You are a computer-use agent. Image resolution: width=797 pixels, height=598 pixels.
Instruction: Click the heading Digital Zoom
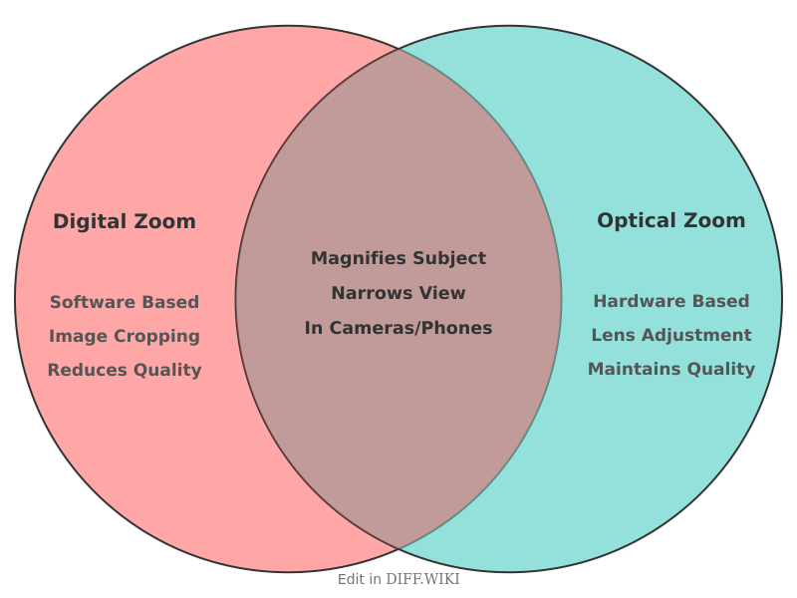(125, 221)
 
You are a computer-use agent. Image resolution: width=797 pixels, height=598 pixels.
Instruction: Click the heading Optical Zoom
(670, 220)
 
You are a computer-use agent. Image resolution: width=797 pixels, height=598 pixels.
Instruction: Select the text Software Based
(125, 302)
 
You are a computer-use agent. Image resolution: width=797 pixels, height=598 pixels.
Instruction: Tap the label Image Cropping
(125, 336)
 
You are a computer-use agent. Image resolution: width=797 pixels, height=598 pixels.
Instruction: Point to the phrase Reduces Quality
(125, 370)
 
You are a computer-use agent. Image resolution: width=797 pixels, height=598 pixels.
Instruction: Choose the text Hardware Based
(670, 301)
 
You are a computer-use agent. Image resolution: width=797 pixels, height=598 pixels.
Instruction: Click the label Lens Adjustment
(670, 335)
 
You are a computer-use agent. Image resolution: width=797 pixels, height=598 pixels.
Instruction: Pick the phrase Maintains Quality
(670, 369)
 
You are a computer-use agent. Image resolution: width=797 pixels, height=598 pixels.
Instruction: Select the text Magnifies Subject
(398, 258)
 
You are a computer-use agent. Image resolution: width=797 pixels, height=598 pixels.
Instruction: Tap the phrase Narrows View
(398, 293)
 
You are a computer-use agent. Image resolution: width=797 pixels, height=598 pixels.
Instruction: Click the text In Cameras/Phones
(398, 328)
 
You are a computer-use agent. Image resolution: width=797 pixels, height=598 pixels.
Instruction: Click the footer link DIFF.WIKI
(422, 579)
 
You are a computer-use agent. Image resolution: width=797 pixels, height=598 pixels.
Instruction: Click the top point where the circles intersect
(398, 48)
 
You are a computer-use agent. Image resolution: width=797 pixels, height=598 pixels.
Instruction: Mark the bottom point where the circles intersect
(398, 549)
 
